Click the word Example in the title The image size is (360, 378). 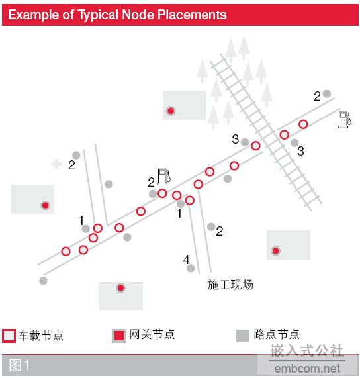(x=34, y=15)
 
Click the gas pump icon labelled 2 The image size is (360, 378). (x=164, y=177)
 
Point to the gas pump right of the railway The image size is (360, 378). (x=345, y=120)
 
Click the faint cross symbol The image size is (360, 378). (x=57, y=164)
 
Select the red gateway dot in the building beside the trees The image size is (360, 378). (x=171, y=111)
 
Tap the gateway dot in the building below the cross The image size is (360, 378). (x=45, y=205)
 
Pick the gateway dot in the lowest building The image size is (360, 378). (x=120, y=288)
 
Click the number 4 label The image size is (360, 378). (x=186, y=260)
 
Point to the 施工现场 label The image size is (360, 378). (x=230, y=285)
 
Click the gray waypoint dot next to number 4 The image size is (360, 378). (x=191, y=268)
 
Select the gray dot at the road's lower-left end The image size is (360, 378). (x=44, y=281)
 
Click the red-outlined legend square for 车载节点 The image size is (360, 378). (x=9, y=336)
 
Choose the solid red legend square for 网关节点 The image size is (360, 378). (x=119, y=336)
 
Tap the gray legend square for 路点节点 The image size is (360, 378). (x=242, y=336)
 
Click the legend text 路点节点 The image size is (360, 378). (x=277, y=334)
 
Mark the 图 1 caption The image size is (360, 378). (x=19, y=365)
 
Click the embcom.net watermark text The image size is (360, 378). (x=307, y=369)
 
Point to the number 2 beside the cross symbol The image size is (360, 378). (x=71, y=165)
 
